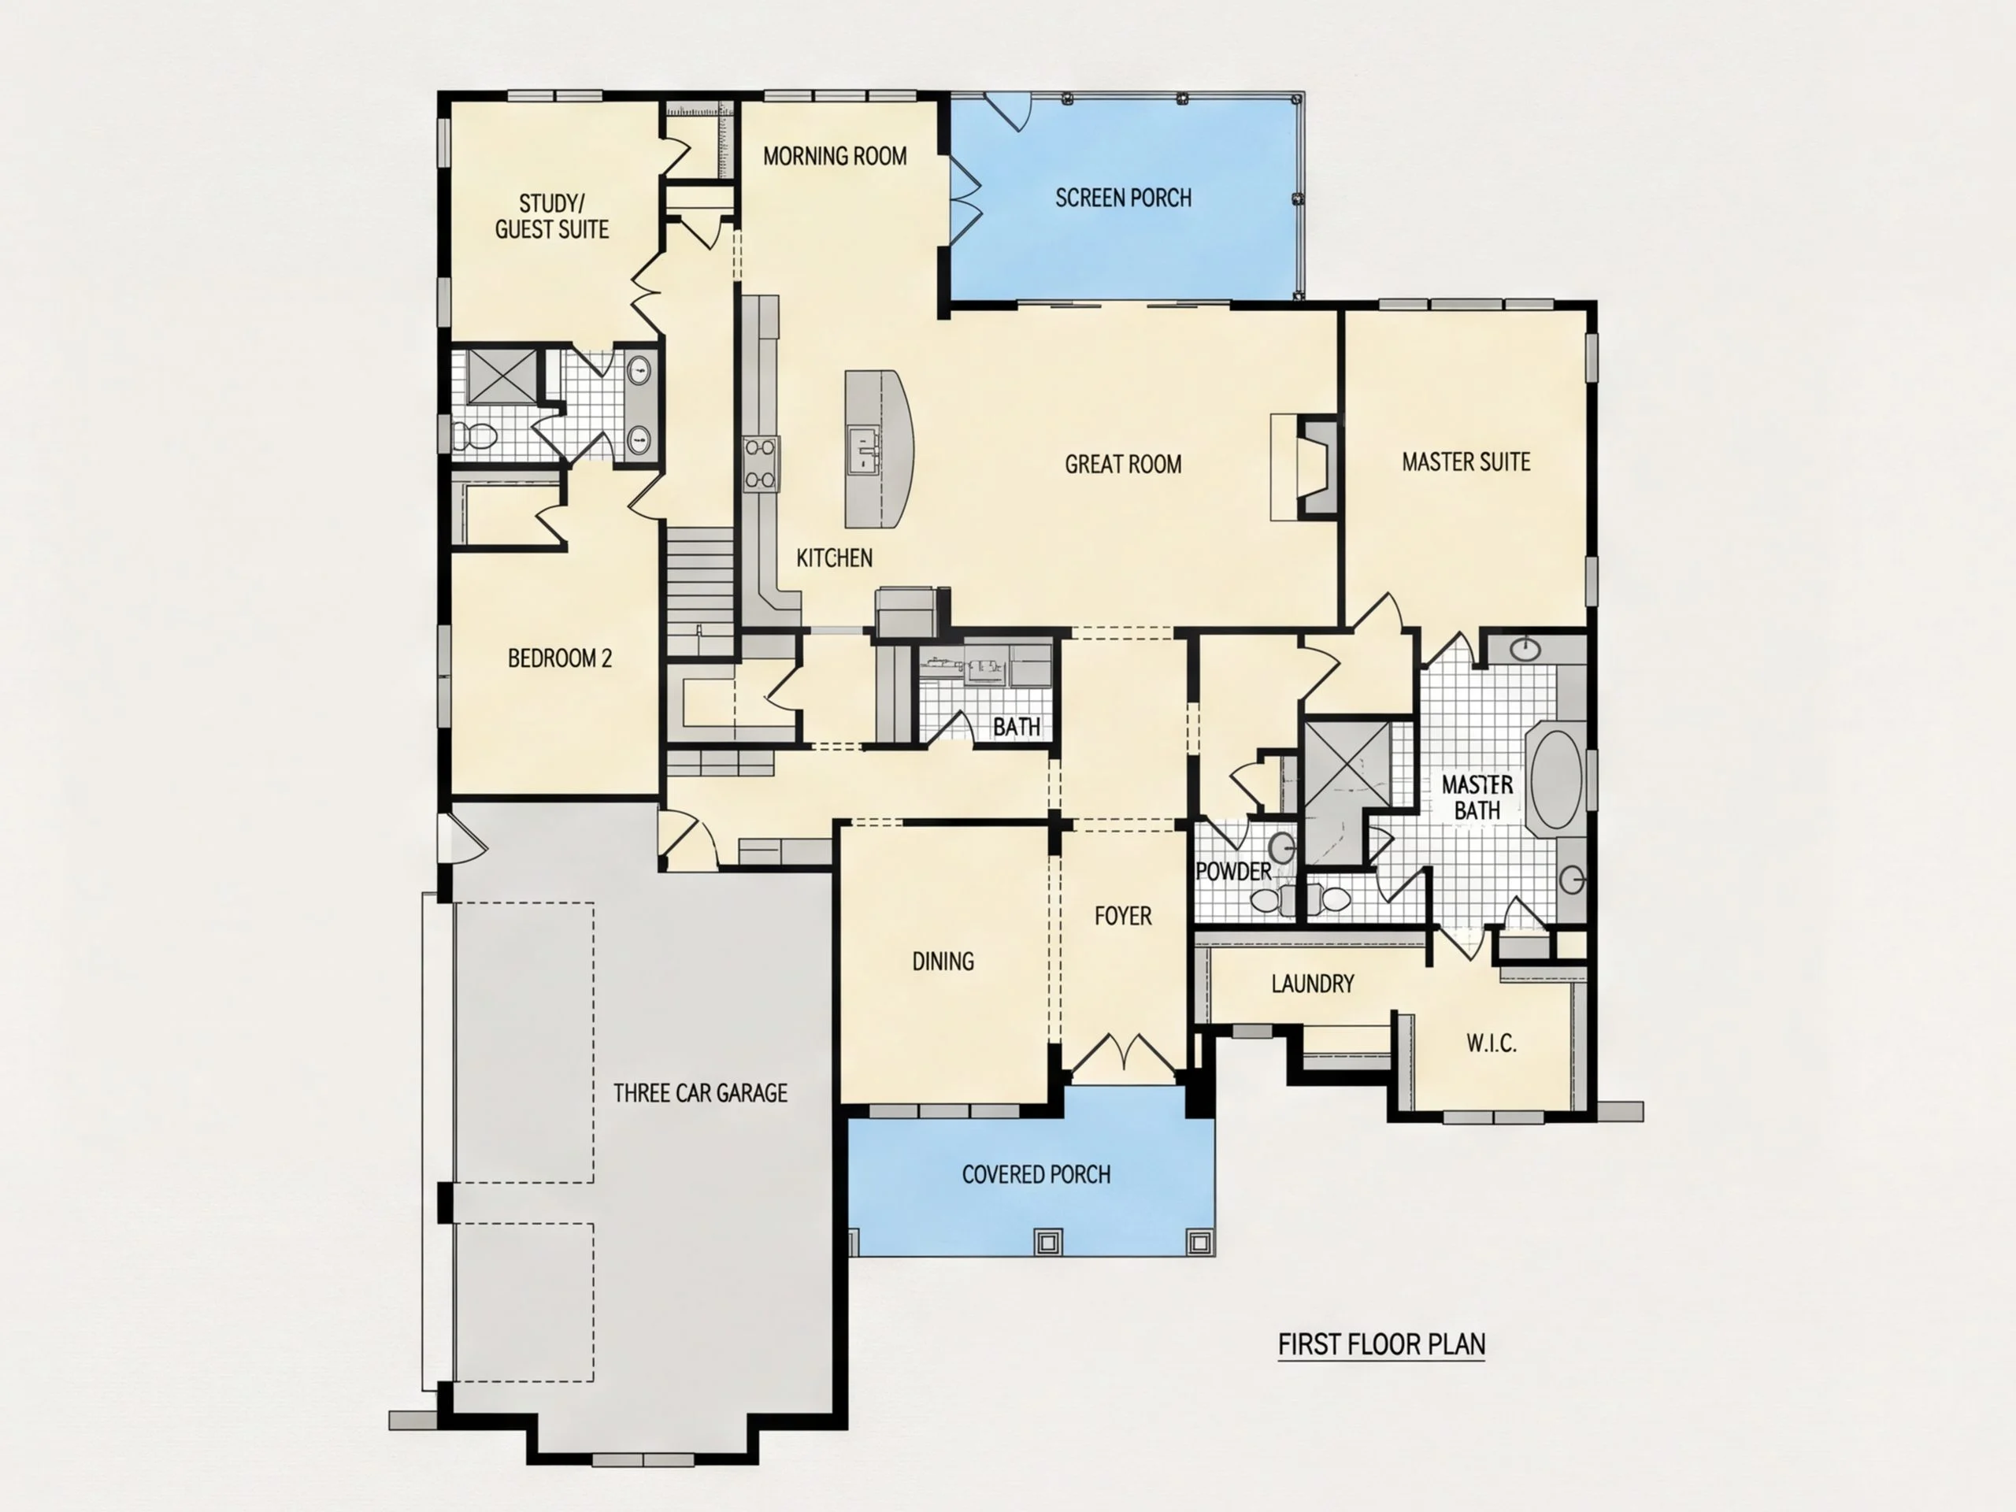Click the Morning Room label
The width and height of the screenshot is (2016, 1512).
(835, 156)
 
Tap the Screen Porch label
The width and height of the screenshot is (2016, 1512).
(1123, 198)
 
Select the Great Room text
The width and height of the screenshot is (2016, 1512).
(1123, 464)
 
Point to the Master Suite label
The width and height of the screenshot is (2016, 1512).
(1466, 462)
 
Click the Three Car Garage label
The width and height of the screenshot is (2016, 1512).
(700, 1093)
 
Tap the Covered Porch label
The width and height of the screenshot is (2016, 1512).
(1036, 1174)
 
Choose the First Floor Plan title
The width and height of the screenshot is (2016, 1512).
(1382, 1343)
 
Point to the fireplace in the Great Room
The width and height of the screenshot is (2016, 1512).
(1316, 468)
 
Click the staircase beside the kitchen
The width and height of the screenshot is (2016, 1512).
(700, 591)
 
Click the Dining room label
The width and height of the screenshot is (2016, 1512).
(943, 961)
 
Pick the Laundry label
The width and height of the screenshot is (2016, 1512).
(1313, 984)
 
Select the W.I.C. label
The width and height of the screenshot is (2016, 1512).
(1491, 1043)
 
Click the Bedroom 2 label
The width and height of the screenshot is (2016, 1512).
(560, 658)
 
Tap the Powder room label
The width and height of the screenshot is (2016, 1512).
(1233, 871)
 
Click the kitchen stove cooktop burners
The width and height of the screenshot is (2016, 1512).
(761, 463)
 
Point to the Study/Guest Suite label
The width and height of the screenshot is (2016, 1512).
(551, 216)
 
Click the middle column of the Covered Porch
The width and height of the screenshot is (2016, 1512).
(1047, 1241)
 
